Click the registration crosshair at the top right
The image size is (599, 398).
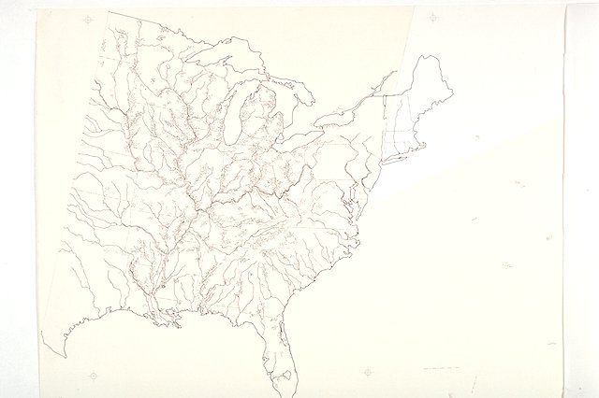point(431,17)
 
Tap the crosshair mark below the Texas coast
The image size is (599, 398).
point(93,376)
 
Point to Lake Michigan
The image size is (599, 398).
point(230,117)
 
